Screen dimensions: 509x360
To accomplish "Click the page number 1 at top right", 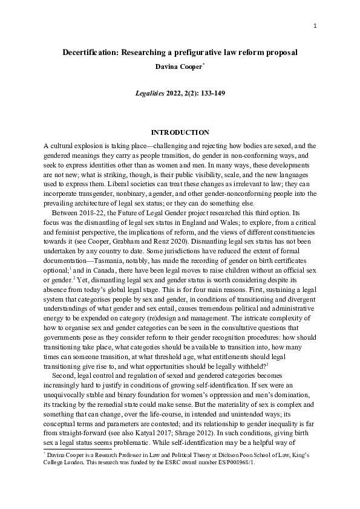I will tap(315, 25).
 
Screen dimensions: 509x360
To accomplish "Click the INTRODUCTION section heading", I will tap(180, 132).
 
